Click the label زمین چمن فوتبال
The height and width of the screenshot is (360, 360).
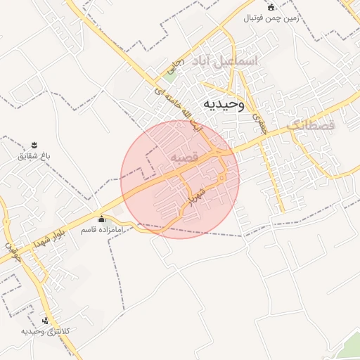click(x=271, y=18)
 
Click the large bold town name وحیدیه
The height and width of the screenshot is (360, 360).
click(x=223, y=104)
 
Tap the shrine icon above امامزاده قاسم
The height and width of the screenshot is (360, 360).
click(x=101, y=219)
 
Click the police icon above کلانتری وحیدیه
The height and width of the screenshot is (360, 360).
click(x=46, y=321)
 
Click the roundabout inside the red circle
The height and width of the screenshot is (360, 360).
click(x=222, y=177)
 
